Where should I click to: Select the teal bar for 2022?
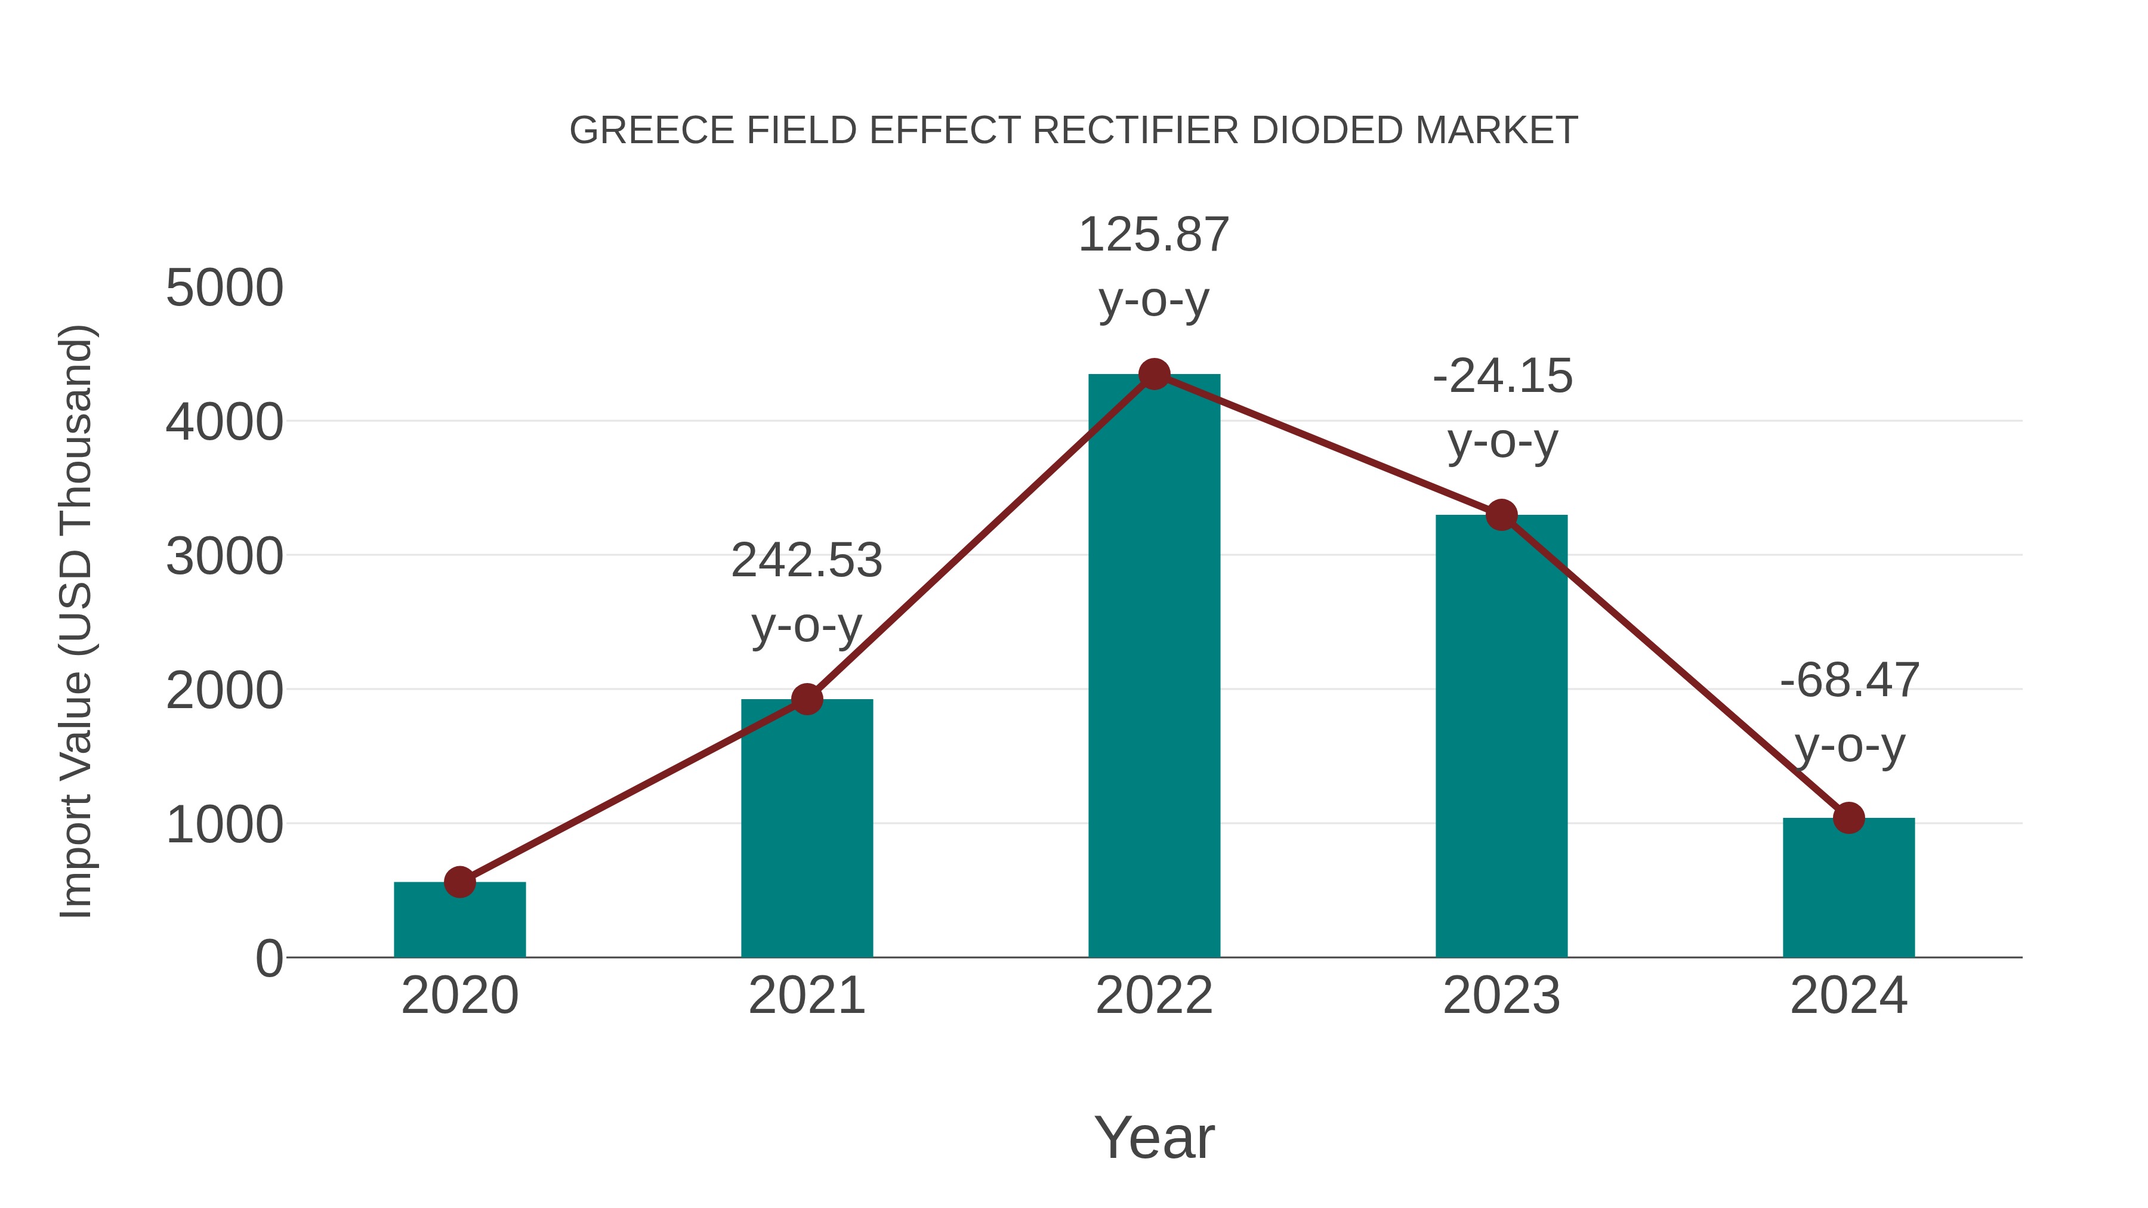[x=1154, y=667]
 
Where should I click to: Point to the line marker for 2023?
[x=1502, y=515]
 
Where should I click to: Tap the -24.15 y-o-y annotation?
[x=1502, y=409]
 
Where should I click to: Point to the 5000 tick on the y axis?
[x=225, y=289]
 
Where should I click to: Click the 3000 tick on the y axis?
[x=225, y=557]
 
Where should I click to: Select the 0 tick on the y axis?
[x=269, y=959]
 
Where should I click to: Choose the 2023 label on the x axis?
[x=1502, y=996]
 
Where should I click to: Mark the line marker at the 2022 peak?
[x=1154, y=374]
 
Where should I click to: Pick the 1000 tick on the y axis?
[x=225, y=826]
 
